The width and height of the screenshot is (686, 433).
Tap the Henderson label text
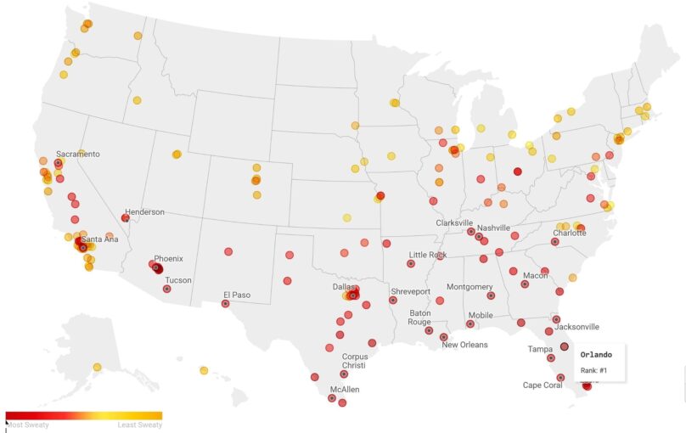pyautogui.click(x=144, y=212)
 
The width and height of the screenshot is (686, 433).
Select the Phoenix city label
pyautogui.click(x=168, y=258)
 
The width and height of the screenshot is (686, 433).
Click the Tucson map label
pyautogui.click(x=178, y=280)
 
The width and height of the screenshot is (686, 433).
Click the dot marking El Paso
pyautogui.click(x=226, y=303)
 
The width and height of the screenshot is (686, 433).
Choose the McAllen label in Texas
pyautogui.click(x=345, y=389)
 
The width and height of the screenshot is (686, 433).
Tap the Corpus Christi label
pyautogui.click(x=355, y=362)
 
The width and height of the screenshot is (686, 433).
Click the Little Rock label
pyautogui.click(x=428, y=255)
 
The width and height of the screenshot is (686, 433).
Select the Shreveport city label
pyautogui.click(x=410, y=291)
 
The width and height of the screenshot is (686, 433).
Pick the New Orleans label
pyautogui.click(x=464, y=344)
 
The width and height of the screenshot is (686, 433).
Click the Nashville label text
pyautogui.click(x=493, y=228)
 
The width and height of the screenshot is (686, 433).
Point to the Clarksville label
pyautogui.click(x=454, y=222)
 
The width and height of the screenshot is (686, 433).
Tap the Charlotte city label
pyautogui.click(x=570, y=233)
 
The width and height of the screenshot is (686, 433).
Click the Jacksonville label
pyautogui.click(x=576, y=326)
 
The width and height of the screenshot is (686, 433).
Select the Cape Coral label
pyautogui.click(x=543, y=385)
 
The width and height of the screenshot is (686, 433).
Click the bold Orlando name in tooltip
pyautogui.click(x=596, y=353)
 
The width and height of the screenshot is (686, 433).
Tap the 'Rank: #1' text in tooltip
pyautogui.click(x=595, y=369)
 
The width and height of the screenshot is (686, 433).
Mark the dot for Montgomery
pyautogui.click(x=491, y=295)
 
